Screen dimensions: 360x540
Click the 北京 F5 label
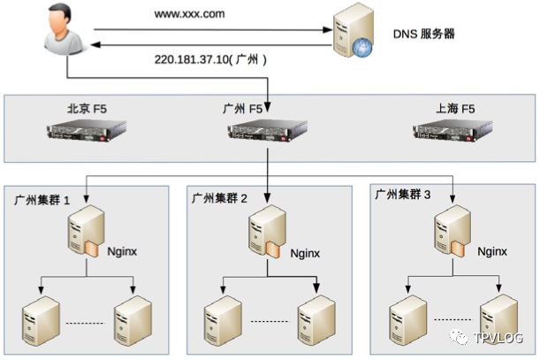pos(88,109)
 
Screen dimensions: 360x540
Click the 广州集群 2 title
pos(226,198)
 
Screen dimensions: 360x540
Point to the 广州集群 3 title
pos(402,194)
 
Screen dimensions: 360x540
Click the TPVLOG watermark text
pos(499,337)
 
